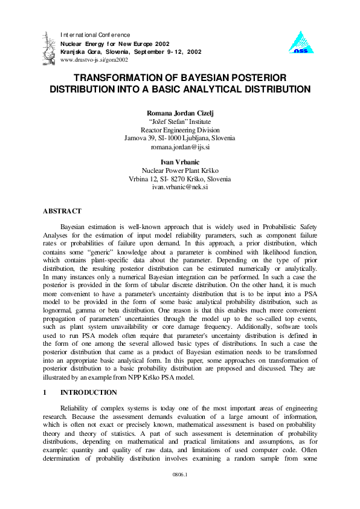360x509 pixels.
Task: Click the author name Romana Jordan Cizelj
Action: (x=179, y=113)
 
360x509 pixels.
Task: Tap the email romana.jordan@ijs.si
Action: (x=180, y=147)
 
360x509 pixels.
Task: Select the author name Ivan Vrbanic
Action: (x=179, y=163)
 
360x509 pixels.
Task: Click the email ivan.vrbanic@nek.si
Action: (x=180, y=188)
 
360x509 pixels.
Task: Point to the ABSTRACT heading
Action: (x=62, y=211)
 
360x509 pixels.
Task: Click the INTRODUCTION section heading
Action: (x=89, y=392)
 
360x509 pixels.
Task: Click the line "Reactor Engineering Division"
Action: (x=180, y=130)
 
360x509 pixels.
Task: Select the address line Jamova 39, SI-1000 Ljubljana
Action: (x=180, y=138)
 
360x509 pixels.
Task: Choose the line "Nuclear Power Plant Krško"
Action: (x=180, y=171)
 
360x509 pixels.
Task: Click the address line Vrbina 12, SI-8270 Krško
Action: (x=180, y=180)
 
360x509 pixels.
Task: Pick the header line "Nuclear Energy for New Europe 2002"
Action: (x=115, y=44)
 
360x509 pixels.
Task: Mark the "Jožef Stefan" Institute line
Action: (x=180, y=122)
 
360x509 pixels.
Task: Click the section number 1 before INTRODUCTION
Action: (x=45, y=392)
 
